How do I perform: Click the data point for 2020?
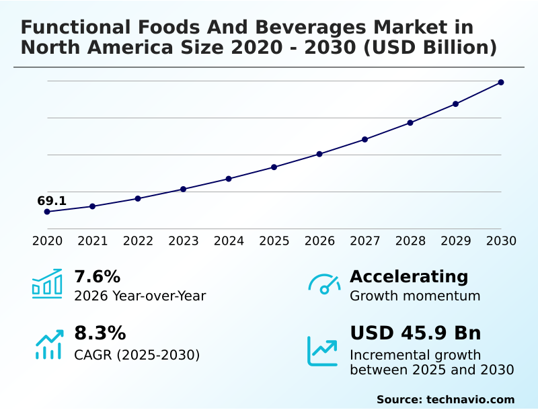click(x=47, y=212)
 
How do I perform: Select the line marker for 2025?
click(x=274, y=167)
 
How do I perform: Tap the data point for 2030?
click(x=501, y=83)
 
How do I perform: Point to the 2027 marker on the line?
click(x=364, y=139)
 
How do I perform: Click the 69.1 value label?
click(x=52, y=201)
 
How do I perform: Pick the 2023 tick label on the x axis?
click(x=183, y=241)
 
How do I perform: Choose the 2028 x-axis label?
click(x=410, y=241)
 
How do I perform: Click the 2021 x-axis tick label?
click(x=92, y=241)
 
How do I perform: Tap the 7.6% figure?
click(x=97, y=276)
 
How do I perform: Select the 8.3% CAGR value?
click(x=100, y=333)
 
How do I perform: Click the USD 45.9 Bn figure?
click(x=416, y=333)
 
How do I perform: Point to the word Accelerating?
click(x=409, y=276)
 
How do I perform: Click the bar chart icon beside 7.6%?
click(x=47, y=284)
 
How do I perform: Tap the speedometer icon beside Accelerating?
click(x=324, y=284)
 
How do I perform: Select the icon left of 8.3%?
click(x=48, y=343)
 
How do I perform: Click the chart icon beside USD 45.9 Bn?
click(x=323, y=350)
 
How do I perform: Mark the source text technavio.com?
click(x=470, y=399)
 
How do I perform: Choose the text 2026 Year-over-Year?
click(x=140, y=296)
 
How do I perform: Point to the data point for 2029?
click(x=455, y=104)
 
